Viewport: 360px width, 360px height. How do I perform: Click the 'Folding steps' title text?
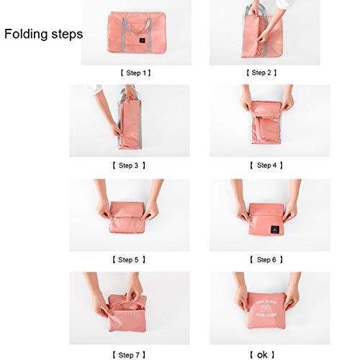point(44,34)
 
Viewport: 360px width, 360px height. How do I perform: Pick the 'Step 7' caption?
point(130,354)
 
